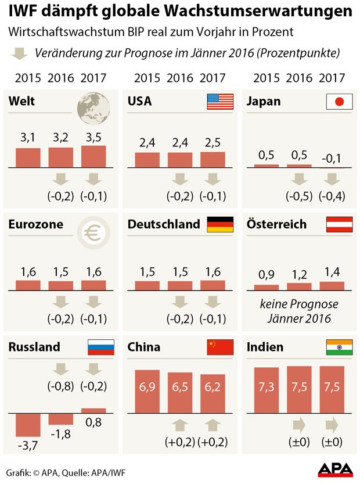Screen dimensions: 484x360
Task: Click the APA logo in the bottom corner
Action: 334,469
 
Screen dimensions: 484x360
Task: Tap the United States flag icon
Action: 220,102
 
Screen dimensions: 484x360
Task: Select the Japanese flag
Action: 340,102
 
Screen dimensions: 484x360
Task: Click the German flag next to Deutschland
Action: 220,224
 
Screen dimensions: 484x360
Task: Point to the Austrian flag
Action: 340,224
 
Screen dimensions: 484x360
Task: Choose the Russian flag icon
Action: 100,347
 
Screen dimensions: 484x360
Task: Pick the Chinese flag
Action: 220,347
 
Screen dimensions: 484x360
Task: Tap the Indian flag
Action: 340,347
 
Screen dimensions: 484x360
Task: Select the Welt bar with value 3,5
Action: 93,156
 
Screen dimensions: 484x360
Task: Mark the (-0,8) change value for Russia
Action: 60,388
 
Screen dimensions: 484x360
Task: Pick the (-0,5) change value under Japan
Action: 300,196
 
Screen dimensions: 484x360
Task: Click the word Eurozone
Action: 36,224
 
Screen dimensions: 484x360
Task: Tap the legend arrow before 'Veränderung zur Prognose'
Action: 20,53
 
